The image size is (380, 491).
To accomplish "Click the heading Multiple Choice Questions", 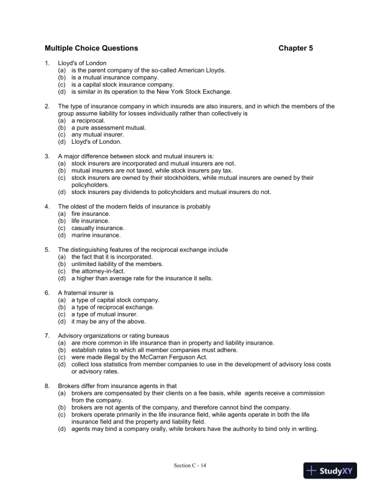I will (91, 48).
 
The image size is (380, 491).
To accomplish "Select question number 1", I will (47, 63).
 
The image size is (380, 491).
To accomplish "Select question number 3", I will (47, 156).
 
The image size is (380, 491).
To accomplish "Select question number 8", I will (47, 386).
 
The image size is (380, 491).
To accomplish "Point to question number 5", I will (47, 250).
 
